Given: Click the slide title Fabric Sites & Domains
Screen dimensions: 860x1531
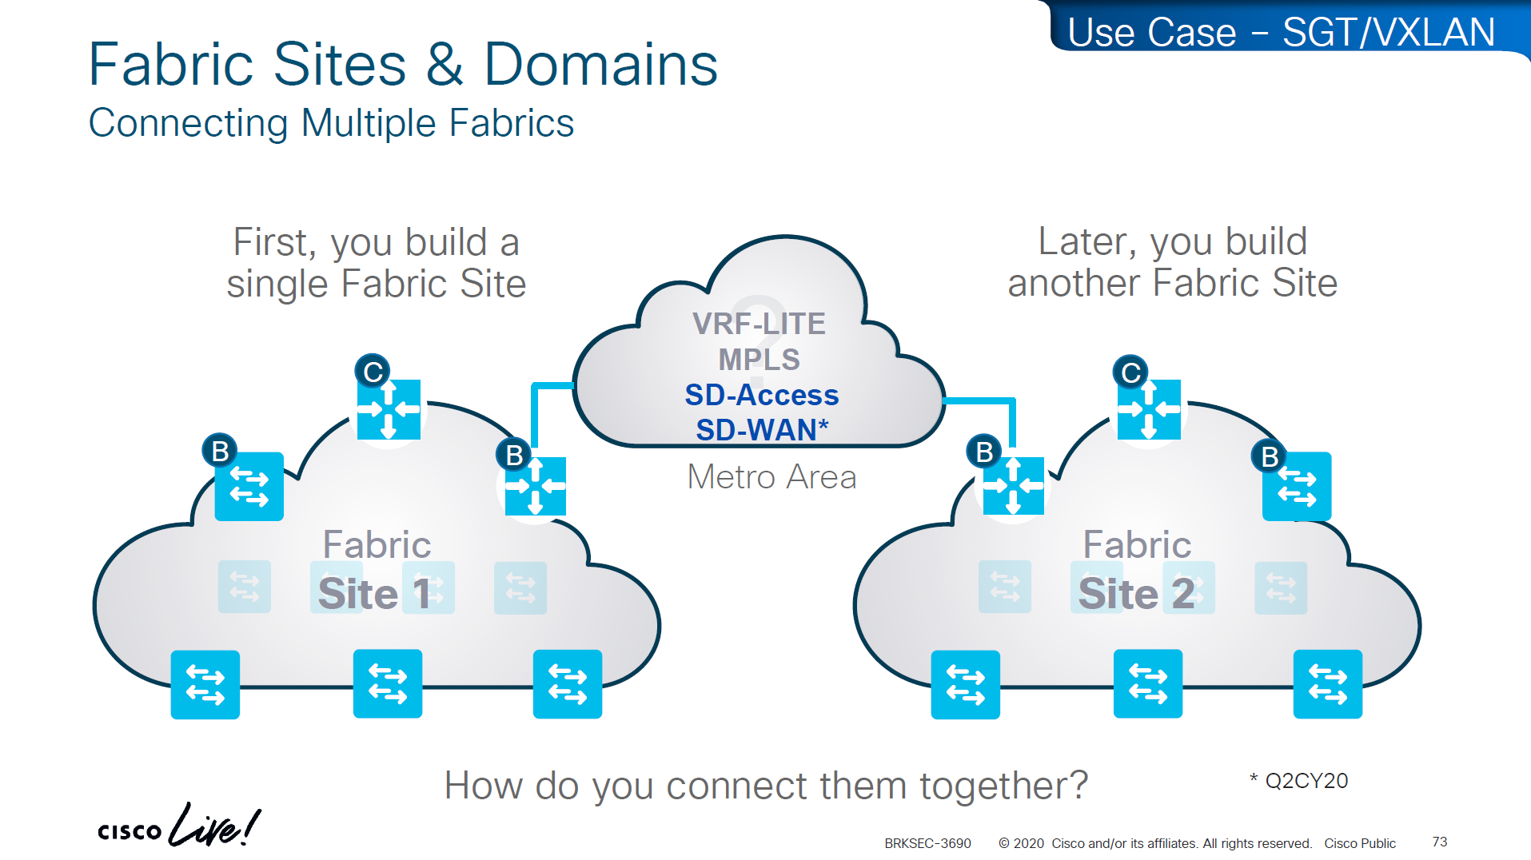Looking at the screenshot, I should coord(402,64).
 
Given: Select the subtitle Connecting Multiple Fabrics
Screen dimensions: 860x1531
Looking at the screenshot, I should coord(331,123).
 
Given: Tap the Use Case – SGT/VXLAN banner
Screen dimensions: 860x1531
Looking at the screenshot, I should coord(1281,33).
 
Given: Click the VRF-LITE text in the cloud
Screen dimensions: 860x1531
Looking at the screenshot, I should coord(759,324).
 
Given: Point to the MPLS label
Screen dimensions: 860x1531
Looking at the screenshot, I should coord(759,360).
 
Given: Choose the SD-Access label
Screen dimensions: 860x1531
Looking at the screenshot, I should coord(761,395).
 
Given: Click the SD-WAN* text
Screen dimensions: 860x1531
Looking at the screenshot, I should coord(761,430).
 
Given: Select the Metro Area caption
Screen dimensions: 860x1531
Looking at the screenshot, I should coord(771,477).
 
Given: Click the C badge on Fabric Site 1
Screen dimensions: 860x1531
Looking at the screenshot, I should coord(373,372).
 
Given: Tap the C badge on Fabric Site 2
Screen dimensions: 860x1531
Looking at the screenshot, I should coord(1130,372).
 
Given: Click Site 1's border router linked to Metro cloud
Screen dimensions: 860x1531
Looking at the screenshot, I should coord(536,486).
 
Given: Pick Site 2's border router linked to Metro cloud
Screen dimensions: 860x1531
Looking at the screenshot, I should coord(1013,485).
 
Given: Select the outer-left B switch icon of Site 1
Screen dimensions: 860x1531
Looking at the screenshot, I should coord(249,486).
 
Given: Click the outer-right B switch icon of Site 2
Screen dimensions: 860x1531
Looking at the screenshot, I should coord(1297,486).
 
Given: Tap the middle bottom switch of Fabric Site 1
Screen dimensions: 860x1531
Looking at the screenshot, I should coord(388,684).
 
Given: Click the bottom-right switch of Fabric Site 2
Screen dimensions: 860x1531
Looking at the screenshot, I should coord(1327,684).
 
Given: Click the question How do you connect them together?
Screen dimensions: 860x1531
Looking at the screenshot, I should coord(766,786).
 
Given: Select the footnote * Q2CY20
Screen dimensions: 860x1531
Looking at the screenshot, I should coord(1299,781).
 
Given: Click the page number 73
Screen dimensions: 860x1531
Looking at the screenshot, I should coord(1440,842).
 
